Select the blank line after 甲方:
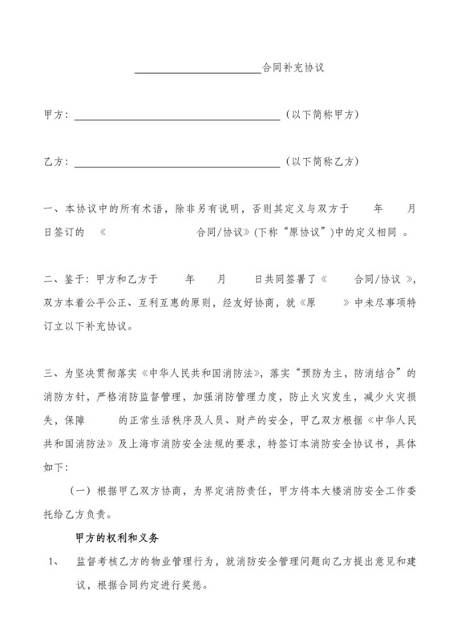176,119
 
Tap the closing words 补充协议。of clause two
108,327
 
